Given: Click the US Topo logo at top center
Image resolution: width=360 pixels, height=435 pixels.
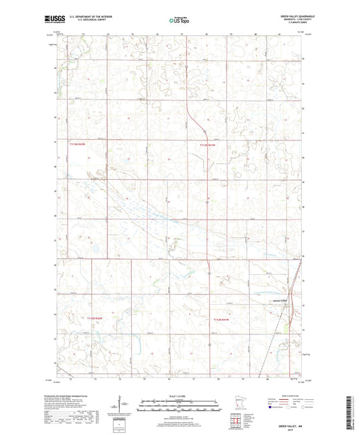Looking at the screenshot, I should (179, 20).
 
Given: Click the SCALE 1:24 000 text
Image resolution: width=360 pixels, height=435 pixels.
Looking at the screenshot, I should (180, 396).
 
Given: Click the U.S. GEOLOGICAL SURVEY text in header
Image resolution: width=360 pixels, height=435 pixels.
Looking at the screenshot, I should (84, 20).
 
